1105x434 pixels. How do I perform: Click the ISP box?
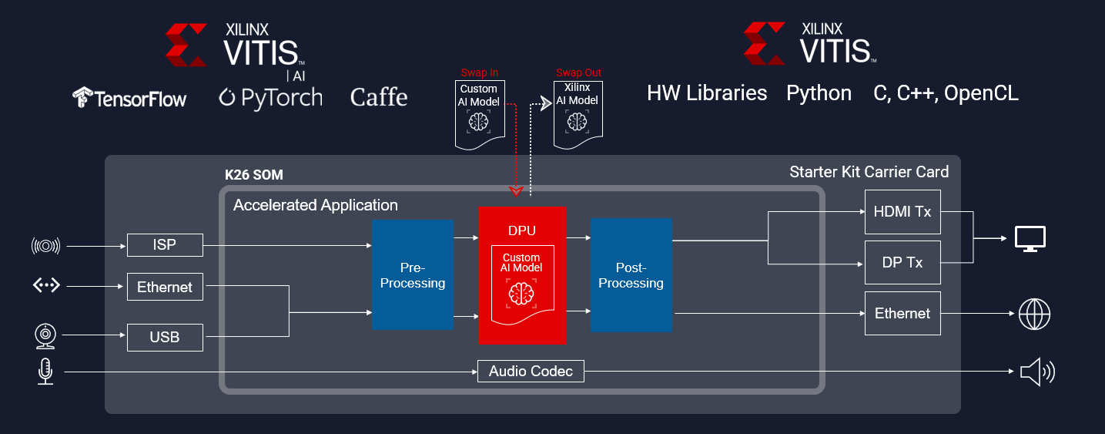coord(165,245)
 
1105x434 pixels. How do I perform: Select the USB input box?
coord(165,337)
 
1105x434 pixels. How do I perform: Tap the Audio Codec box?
coord(531,372)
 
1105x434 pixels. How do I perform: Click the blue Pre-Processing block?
coord(413,275)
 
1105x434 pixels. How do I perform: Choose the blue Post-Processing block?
coord(631,275)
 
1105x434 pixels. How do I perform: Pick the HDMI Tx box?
coord(902,210)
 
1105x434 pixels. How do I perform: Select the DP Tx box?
coord(902,262)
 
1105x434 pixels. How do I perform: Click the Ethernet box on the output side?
coord(902,313)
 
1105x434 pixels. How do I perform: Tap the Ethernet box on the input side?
coord(165,288)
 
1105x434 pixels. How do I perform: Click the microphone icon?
coord(45,372)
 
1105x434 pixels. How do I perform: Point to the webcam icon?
coord(45,336)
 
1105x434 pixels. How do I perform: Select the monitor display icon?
coord(1030,238)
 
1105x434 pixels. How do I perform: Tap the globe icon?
coord(1034,314)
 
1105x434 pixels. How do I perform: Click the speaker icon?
coord(1036,372)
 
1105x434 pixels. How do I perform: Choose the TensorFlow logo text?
coord(129,98)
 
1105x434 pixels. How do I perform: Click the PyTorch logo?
coord(270,98)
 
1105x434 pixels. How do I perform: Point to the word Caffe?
coord(378,98)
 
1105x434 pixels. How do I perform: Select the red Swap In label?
coord(479,72)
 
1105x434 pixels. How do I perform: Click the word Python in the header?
coord(819,94)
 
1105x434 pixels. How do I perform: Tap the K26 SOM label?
coord(253,175)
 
